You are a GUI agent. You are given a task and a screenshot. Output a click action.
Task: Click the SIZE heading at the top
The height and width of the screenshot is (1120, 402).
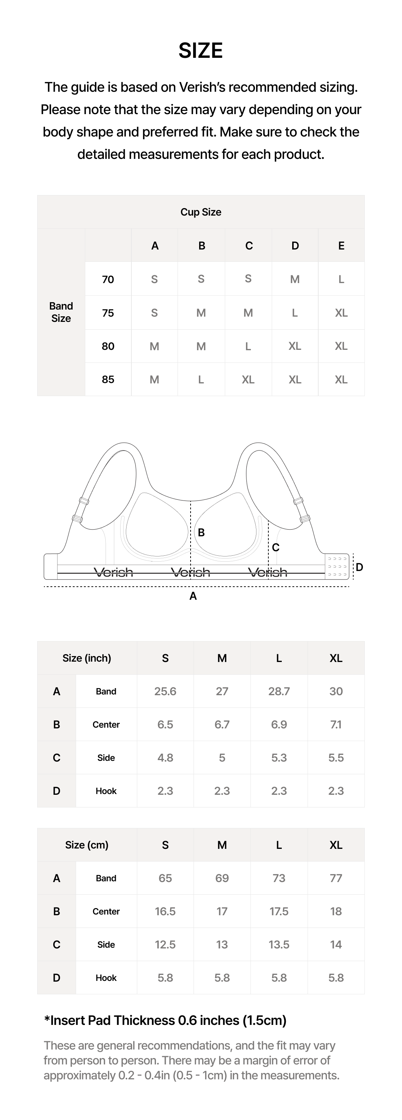tap(201, 51)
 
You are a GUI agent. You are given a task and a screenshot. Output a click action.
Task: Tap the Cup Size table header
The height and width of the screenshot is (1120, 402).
tap(201, 212)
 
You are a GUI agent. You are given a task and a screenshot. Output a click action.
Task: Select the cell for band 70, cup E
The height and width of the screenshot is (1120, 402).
tap(341, 279)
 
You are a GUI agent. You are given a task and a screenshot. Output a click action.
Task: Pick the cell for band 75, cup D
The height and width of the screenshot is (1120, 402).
tap(295, 313)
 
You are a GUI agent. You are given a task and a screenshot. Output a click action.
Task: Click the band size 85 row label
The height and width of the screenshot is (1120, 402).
tap(108, 380)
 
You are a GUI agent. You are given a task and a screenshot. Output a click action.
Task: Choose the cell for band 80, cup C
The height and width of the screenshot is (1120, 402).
tap(248, 346)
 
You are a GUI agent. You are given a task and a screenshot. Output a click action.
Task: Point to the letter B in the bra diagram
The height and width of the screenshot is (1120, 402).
tap(201, 532)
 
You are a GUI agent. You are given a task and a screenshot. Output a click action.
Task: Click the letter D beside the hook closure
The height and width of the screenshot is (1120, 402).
tap(359, 567)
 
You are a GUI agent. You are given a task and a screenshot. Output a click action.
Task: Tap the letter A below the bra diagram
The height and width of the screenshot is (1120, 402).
tap(193, 596)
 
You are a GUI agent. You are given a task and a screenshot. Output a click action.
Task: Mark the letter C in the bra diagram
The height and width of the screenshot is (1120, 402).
tap(276, 548)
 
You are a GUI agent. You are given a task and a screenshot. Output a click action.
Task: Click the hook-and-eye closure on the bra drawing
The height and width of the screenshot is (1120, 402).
tap(337, 567)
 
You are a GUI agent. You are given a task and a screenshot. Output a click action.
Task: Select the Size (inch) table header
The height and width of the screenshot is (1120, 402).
tap(87, 658)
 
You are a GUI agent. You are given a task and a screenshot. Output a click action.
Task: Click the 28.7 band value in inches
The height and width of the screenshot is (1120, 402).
tap(279, 691)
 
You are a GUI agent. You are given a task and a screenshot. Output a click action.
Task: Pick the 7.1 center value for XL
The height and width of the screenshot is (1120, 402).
tap(336, 725)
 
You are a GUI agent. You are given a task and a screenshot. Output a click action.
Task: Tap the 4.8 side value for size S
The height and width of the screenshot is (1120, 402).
tap(165, 758)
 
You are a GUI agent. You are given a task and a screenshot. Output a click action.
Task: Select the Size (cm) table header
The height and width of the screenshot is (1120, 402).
tap(87, 845)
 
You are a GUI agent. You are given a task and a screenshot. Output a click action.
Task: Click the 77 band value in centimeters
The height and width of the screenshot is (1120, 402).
tap(336, 878)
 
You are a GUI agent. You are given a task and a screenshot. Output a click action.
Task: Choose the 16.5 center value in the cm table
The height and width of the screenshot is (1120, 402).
tap(165, 911)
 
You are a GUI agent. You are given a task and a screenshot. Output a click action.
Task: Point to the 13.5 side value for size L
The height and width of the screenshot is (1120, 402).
tap(279, 944)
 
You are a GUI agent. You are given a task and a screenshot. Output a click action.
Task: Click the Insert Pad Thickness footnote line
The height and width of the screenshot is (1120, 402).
tap(165, 1020)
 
